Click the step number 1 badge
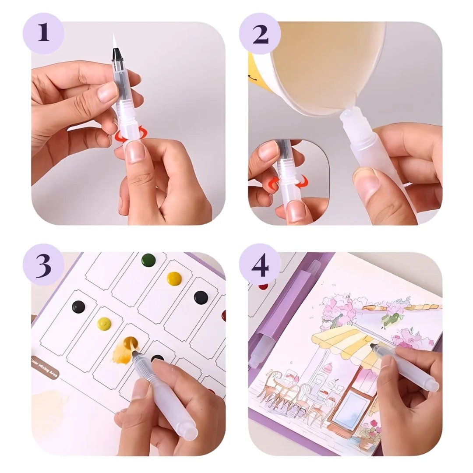pos(43,33)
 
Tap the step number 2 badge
pos(260,33)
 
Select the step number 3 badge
pos(43,265)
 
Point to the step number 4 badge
pos(260,265)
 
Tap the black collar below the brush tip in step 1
pos(117,54)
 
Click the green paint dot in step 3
pos(148,259)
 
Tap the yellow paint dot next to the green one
pos(174,278)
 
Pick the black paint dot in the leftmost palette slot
pos(78,306)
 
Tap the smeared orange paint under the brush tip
pos(122,353)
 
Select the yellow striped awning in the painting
pos(337,342)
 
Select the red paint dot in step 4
pos(263,286)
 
